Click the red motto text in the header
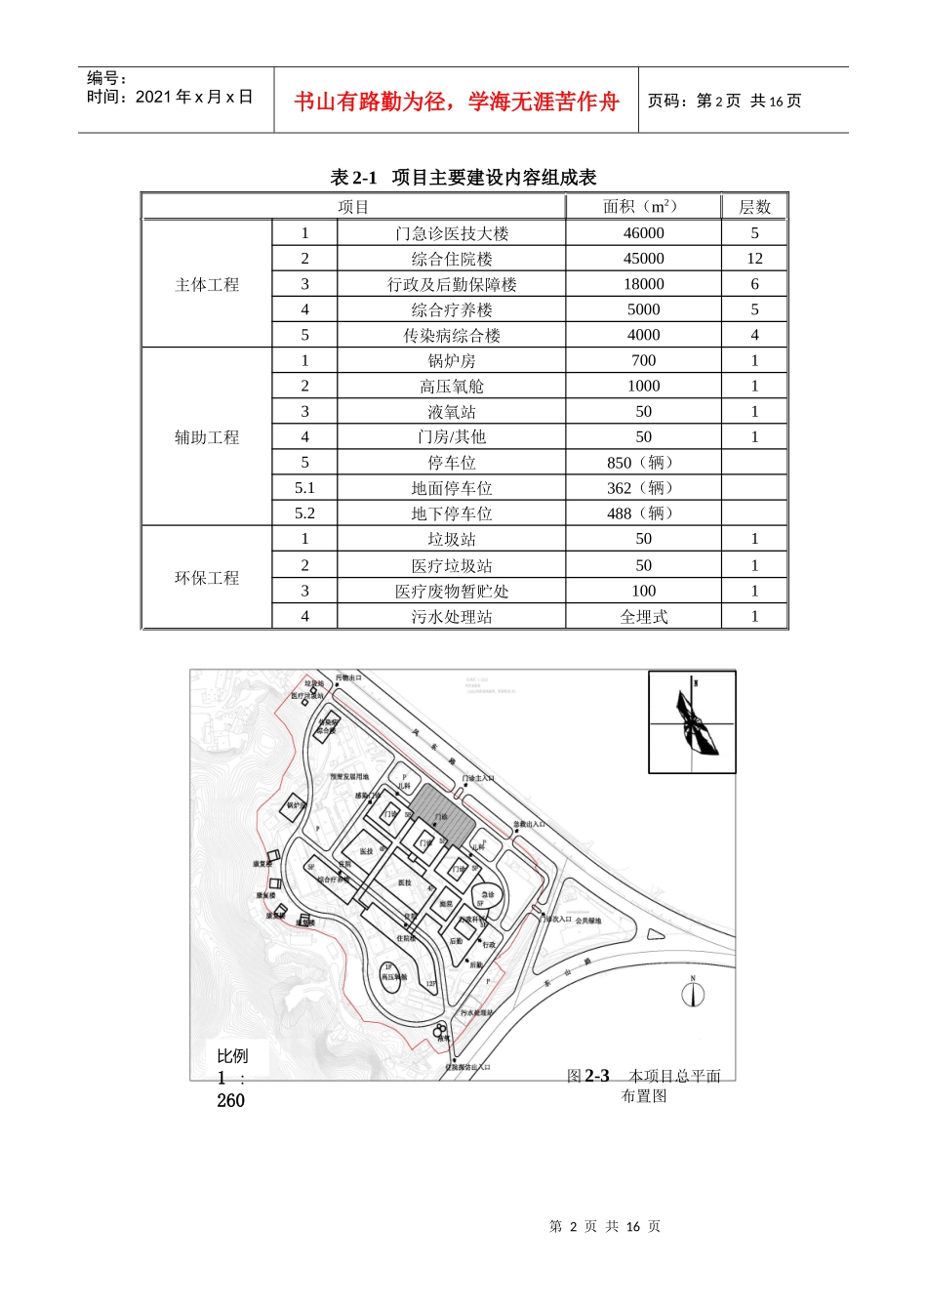(x=456, y=102)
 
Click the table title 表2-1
(x=463, y=177)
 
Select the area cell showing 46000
(x=643, y=233)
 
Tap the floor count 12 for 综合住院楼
(x=754, y=259)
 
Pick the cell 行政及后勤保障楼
(x=451, y=284)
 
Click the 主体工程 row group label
(x=207, y=284)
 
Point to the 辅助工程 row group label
(x=207, y=437)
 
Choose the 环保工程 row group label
(x=207, y=578)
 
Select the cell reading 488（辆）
(x=643, y=513)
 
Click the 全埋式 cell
(x=643, y=617)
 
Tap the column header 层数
(x=754, y=207)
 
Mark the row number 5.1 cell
(x=304, y=488)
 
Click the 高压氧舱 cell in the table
(x=451, y=387)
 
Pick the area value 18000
(x=643, y=284)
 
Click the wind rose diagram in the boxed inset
(x=693, y=722)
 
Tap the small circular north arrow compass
(x=693, y=994)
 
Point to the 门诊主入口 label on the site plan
(x=478, y=779)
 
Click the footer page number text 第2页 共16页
(x=605, y=1226)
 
